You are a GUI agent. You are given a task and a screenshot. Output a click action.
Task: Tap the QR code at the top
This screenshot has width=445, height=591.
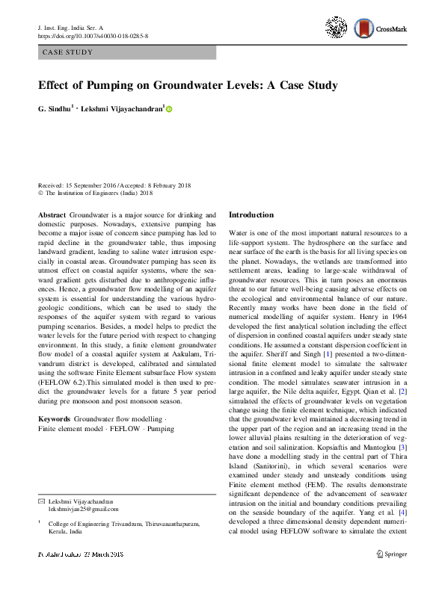(337, 28)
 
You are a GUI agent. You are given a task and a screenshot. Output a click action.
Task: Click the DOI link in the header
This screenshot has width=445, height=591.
(92, 35)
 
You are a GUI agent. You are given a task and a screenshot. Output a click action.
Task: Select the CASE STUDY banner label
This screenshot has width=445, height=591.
(68, 53)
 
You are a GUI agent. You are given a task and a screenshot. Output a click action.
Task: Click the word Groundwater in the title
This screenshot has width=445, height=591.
(202, 85)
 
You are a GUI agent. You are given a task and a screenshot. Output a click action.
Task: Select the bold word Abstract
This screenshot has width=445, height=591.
(52, 214)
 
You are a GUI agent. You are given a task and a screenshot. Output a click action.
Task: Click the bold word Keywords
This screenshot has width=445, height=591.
(54, 439)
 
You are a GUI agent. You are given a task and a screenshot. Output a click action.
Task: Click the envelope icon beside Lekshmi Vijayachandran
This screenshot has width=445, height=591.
(42, 500)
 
